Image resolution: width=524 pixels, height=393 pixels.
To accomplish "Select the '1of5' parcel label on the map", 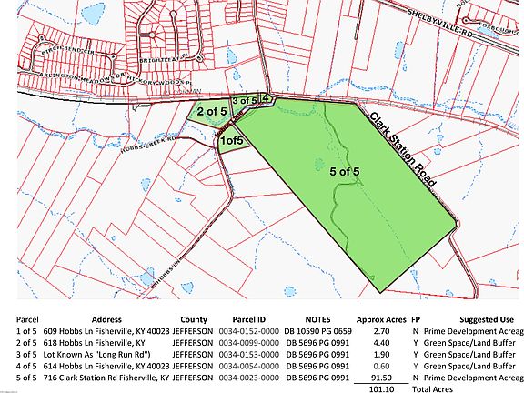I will pos(231,141).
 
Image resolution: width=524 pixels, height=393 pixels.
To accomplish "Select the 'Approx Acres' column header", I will pos(378,320).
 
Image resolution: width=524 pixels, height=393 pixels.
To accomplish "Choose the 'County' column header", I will pos(194,320).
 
